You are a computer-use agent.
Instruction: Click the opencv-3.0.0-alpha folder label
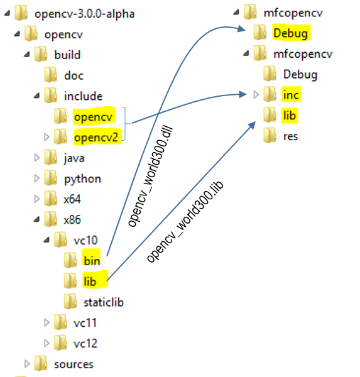pyautogui.click(x=85, y=13)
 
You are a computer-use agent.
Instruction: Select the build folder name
pyautogui.click(x=67, y=55)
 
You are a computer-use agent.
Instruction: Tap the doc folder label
pyautogui.click(x=74, y=75)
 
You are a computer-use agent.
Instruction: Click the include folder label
pyautogui.click(x=83, y=96)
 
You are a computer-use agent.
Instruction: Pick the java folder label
pyautogui.click(x=74, y=158)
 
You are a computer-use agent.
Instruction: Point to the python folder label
pyautogui.click(x=82, y=178)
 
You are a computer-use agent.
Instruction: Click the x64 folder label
pyautogui.click(x=72, y=199)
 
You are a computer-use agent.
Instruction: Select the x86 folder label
pyautogui.click(x=72, y=220)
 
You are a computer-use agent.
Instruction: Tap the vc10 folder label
pyautogui.click(x=85, y=240)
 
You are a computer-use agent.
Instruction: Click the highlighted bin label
pyautogui.click(x=91, y=261)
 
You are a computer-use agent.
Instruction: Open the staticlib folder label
pyautogui.click(x=104, y=302)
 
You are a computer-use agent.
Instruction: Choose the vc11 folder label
pyautogui.click(x=85, y=323)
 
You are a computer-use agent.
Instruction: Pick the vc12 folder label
pyautogui.click(x=85, y=344)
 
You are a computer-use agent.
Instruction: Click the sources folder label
pyautogui.click(x=74, y=364)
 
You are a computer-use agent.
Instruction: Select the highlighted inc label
pyautogui.click(x=291, y=95)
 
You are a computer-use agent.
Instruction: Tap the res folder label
pyautogui.click(x=290, y=136)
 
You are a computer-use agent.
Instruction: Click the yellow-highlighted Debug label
pyautogui.click(x=290, y=33)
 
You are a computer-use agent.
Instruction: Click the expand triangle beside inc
pyautogui.click(x=255, y=95)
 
